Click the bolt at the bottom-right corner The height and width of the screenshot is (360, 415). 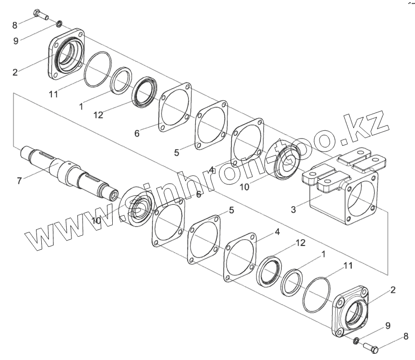coord(370,347)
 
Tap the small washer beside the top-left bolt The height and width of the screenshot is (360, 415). coord(59,24)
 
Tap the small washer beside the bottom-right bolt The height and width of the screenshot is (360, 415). coord(356,340)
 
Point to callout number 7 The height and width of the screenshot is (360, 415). coord(19,181)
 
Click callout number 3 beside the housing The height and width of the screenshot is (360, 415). coord(293,209)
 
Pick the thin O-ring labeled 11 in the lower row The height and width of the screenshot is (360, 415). coord(317,294)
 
